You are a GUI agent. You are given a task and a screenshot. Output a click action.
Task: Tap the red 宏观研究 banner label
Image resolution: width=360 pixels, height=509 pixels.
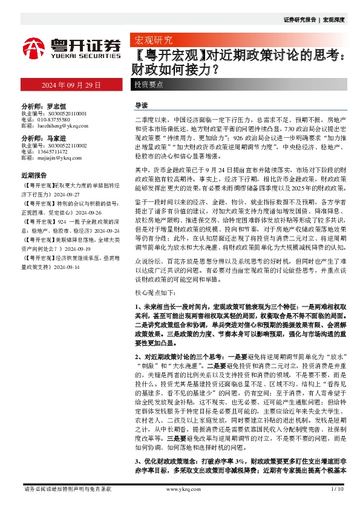point(152,41)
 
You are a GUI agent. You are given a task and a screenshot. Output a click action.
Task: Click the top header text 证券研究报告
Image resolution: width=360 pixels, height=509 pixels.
point(299,20)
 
